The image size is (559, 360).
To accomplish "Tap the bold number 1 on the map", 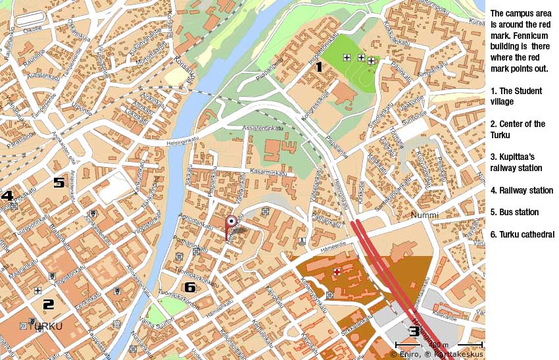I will pos(319,66).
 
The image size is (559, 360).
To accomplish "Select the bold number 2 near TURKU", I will pos(48,304).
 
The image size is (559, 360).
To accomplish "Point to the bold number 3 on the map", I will pos(414,331).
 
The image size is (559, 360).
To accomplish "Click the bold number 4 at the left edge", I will pos(7,195).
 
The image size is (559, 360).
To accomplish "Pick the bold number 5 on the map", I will pos(59,182).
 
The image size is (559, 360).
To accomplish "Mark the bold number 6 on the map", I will pos(190,287).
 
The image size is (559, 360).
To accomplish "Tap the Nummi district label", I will pos(424,215).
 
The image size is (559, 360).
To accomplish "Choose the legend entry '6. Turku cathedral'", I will pos(522,234).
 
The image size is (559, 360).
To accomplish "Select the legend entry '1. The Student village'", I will pos(516,96).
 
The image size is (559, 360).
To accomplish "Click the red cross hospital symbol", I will pos(337,271).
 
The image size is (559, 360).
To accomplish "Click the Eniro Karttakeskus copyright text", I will pos(436,355).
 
